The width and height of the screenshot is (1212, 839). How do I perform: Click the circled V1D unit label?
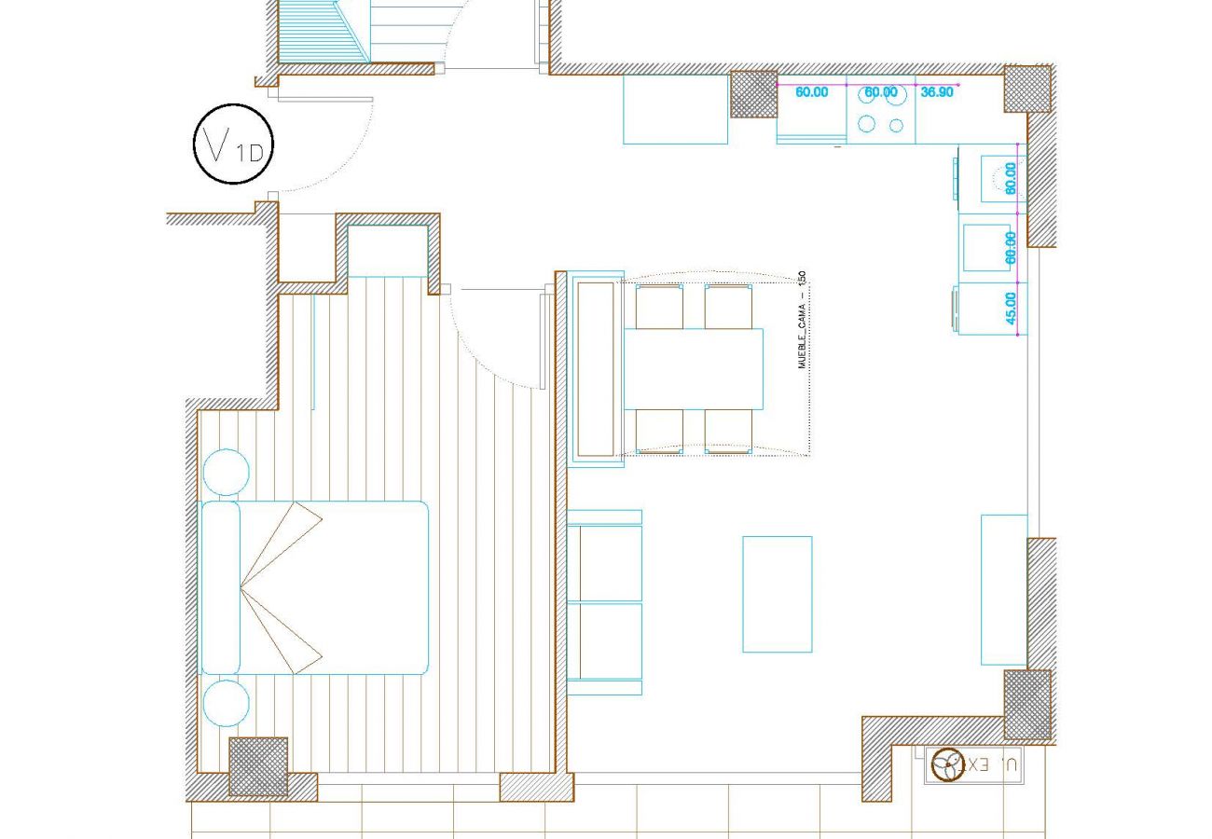click(x=234, y=144)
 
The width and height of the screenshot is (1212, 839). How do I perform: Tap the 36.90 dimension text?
click(x=936, y=92)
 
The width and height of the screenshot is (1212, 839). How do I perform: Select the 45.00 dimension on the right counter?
click(x=1011, y=309)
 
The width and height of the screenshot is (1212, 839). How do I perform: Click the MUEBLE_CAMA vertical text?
click(x=802, y=321)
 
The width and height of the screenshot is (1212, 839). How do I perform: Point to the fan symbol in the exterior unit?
click(x=947, y=764)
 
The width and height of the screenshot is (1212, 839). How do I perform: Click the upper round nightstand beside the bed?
click(x=226, y=473)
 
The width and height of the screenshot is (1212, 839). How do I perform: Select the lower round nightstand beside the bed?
click(x=226, y=703)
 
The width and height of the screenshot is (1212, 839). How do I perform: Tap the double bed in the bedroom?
click(x=315, y=587)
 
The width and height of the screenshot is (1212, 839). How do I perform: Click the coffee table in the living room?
click(x=777, y=594)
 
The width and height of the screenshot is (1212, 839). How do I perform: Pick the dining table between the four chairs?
click(x=693, y=369)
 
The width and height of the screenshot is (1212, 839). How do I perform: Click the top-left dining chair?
click(x=658, y=307)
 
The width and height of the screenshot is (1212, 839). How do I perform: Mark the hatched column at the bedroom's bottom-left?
click(x=258, y=766)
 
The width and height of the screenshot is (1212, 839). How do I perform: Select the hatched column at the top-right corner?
click(x=1027, y=89)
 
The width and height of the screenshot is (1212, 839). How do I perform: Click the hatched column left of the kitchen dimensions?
click(x=753, y=94)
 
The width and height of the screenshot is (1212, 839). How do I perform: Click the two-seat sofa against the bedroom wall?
click(x=605, y=602)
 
